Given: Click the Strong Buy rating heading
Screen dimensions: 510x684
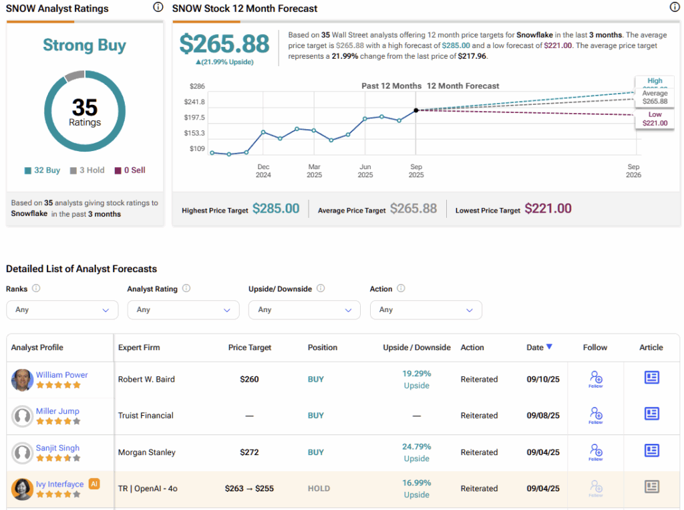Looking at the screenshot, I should coord(84,45).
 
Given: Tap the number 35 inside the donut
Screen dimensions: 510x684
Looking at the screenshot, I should coord(85,107).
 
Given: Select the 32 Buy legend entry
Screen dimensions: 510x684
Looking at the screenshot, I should coord(42,170).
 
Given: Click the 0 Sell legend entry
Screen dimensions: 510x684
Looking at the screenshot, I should coord(130,170).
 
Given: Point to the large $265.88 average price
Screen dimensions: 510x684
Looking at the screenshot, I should coord(224,44).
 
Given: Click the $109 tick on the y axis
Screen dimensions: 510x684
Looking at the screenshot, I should coord(196,148).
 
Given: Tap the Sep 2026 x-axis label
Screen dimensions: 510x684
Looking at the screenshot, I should coord(633,171).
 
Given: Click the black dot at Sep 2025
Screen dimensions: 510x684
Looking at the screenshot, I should coord(416,110).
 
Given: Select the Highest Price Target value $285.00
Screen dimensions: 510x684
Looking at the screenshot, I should coord(276,209).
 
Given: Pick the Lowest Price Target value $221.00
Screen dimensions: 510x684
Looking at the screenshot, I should coord(548,209).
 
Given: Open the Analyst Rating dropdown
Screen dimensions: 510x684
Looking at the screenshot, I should coord(183,310).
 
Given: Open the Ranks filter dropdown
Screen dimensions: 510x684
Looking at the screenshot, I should coord(62,310).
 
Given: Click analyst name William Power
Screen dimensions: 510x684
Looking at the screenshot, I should coord(62,375).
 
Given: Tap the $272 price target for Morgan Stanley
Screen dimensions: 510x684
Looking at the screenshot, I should coord(249,453).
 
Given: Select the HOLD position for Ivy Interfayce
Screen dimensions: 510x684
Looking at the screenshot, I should coord(319,489).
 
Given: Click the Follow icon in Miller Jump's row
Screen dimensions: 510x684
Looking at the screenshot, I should coord(595,415).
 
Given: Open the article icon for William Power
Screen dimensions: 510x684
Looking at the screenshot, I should coord(651,378).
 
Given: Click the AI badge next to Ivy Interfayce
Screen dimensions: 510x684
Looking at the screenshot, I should coord(94,484).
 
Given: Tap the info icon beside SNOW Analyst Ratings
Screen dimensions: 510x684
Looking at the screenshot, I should coord(158,7).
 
